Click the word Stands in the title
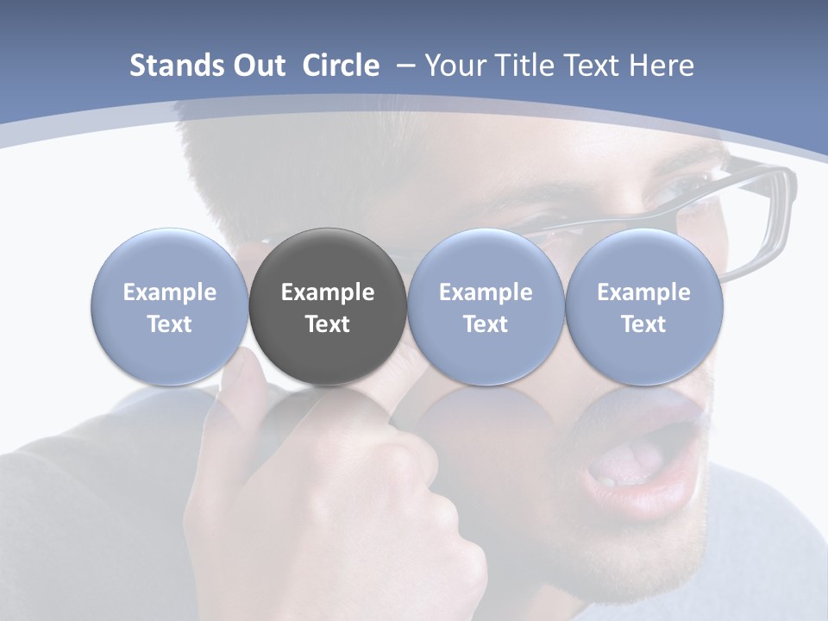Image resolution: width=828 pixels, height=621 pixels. click(x=177, y=66)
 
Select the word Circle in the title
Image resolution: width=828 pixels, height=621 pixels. click(x=341, y=66)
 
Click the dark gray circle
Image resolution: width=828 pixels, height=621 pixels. click(x=328, y=306)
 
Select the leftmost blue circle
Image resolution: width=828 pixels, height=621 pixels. click(x=170, y=306)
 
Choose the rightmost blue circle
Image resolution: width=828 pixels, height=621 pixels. click(x=643, y=306)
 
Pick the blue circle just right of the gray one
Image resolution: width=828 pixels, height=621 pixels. click(x=486, y=306)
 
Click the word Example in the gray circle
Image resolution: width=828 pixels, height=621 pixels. click(x=328, y=292)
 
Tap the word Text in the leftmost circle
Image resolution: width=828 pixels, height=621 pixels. click(x=170, y=324)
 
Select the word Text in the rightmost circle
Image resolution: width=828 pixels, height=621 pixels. click(x=643, y=324)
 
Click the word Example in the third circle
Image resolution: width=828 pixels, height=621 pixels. click(x=486, y=292)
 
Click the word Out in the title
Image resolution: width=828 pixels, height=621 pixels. click(x=257, y=66)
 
